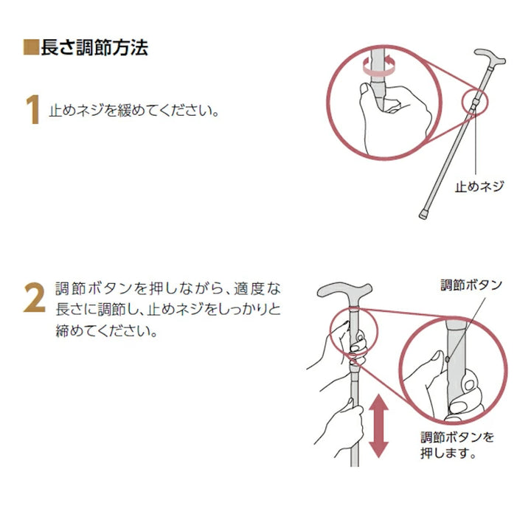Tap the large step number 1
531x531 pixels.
pos(32,111)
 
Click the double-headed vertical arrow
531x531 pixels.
pos(378,426)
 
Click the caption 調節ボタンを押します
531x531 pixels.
pos(457,444)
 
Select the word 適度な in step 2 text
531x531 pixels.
pos(258,288)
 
